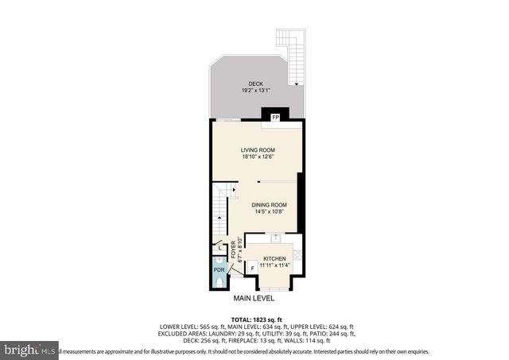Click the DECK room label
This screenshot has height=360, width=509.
pyautogui.click(x=255, y=83)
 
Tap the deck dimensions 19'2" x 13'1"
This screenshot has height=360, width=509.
pyautogui.click(x=255, y=91)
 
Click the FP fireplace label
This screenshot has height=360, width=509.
pyautogui.click(x=275, y=118)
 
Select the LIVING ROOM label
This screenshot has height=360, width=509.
pyautogui.click(x=258, y=149)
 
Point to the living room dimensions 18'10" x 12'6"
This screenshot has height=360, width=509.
pyautogui.click(x=258, y=157)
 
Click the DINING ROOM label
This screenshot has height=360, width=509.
pyautogui.click(x=270, y=204)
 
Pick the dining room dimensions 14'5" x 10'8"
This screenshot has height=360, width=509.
pyautogui.click(x=270, y=211)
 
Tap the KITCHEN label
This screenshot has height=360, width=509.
pyautogui.click(x=274, y=259)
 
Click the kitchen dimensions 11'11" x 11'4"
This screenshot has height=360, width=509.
pyautogui.click(x=274, y=266)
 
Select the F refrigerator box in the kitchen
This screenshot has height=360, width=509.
pyautogui.click(x=253, y=268)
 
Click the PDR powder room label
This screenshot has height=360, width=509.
pyautogui.click(x=219, y=269)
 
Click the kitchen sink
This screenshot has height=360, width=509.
pyautogui.click(x=274, y=237)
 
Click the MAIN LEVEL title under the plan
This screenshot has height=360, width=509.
pyautogui.click(x=254, y=299)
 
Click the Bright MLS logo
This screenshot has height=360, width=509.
pyautogui.click(x=29, y=350)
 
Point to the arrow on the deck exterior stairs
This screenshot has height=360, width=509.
pyautogui.click(x=297, y=83)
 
